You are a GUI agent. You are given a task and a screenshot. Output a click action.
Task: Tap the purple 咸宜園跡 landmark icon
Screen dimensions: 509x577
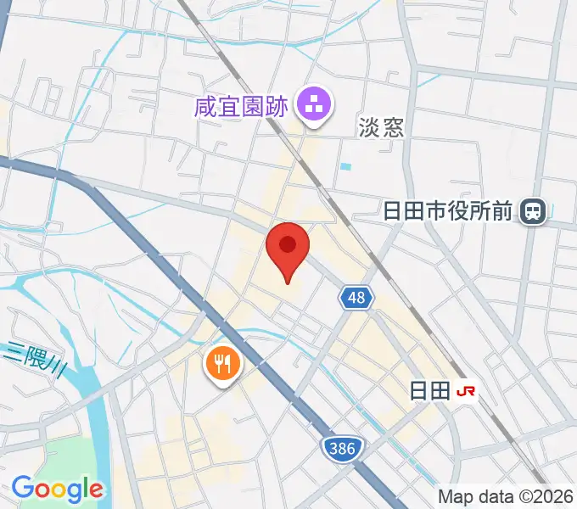click(314, 107)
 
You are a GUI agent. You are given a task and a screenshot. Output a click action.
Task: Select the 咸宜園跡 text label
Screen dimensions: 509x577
click(242, 107)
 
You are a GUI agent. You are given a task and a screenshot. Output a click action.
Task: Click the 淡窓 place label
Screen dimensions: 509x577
click(381, 127)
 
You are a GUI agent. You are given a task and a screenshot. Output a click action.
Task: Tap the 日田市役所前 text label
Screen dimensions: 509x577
click(448, 210)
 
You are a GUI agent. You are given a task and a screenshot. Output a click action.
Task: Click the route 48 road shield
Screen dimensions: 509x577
click(357, 297)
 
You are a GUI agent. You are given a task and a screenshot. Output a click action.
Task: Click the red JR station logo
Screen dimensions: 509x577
click(467, 391)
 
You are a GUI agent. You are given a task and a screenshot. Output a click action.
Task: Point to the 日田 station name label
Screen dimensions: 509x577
click(429, 391)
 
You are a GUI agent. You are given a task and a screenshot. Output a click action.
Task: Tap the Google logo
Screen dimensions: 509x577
click(57, 489)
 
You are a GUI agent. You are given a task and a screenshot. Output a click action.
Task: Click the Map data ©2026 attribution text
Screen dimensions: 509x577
click(506, 496)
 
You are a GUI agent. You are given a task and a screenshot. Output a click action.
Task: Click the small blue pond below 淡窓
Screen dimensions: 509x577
click(345, 165)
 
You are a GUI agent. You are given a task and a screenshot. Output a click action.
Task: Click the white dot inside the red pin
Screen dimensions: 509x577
click(288, 244)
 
